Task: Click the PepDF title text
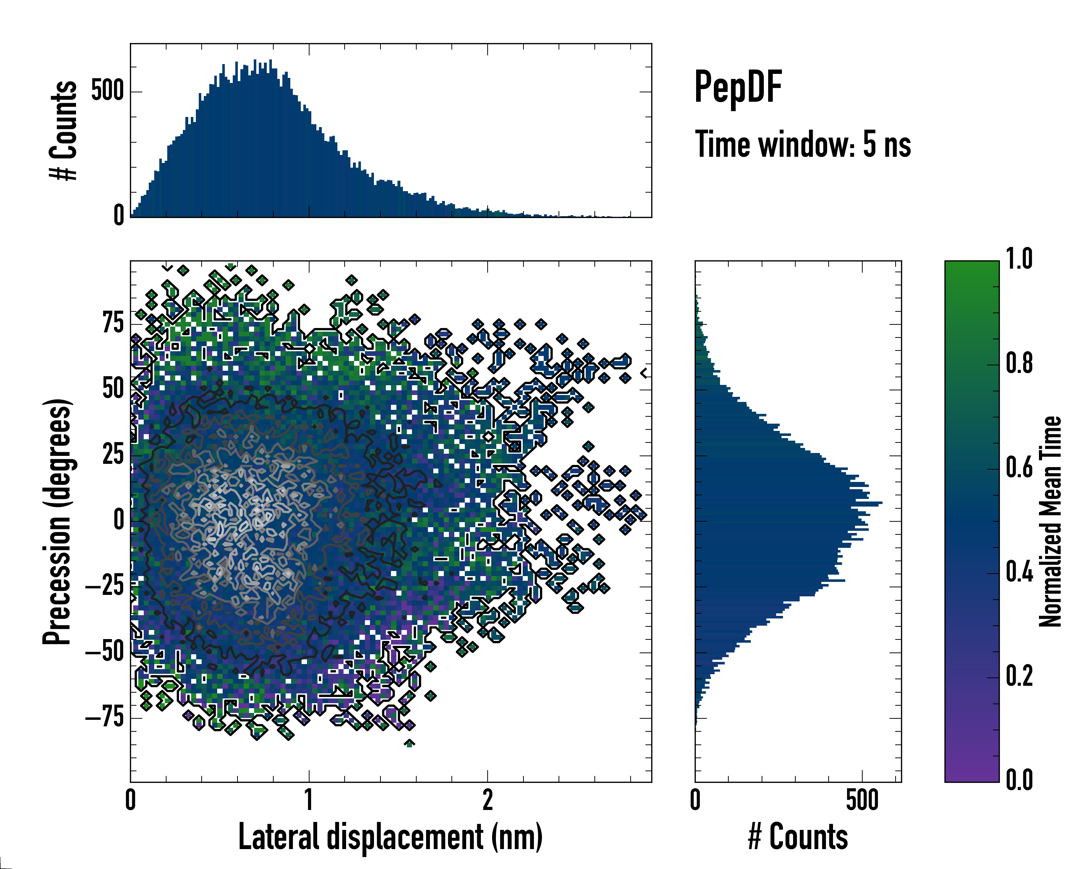[x=737, y=87]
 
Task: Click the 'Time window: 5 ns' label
[x=803, y=144]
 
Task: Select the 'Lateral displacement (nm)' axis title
[x=390, y=837]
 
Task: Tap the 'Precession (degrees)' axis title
[x=57, y=521]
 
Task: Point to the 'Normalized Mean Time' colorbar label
[x=1050, y=521]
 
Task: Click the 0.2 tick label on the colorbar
[x=1019, y=676]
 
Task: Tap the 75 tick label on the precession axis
[x=113, y=323]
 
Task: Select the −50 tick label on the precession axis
[x=105, y=652]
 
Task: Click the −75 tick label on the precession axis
[x=105, y=717]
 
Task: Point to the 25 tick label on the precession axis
[x=113, y=455]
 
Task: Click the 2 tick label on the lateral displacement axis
[x=488, y=801]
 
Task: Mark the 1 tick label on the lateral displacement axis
[x=309, y=801]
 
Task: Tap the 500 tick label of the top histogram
[x=107, y=92]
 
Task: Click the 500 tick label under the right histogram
[x=862, y=801]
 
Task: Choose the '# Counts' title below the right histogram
[x=798, y=837]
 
